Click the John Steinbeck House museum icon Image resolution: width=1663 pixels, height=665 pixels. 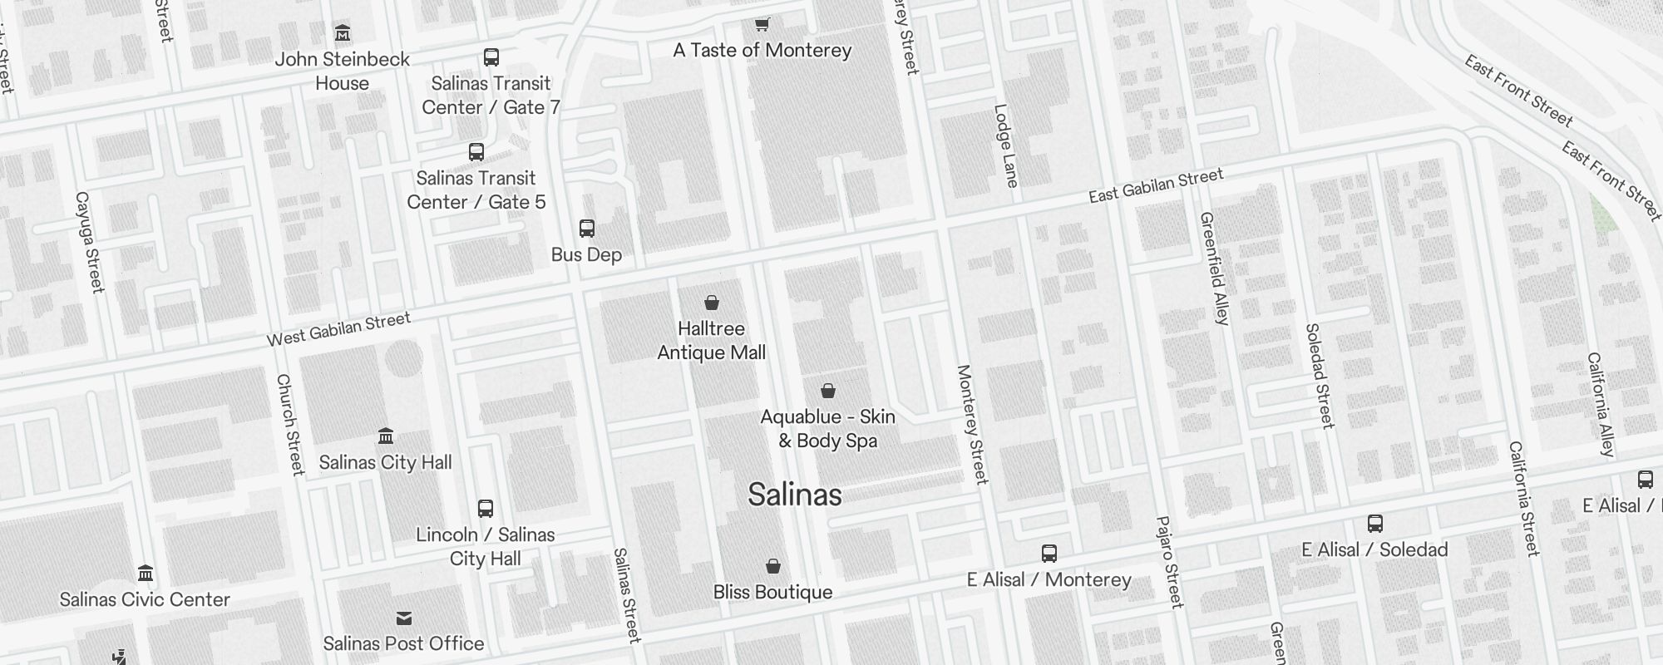coord(343,33)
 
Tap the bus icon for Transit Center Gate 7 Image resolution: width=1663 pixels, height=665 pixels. coord(491,57)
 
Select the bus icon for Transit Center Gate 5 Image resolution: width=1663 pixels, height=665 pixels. coord(476,152)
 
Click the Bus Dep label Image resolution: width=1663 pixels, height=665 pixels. coord(586,254)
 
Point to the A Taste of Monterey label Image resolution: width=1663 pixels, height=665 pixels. coord(762,50)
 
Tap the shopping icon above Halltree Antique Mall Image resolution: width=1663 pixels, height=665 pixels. coord(712,303)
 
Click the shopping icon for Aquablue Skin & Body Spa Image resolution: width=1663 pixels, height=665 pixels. coord(828,391)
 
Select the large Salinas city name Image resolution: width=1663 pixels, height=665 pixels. coord(795,495)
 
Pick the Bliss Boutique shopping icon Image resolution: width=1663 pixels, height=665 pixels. coord(773,566)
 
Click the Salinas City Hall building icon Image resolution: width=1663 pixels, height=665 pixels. coord(386,436)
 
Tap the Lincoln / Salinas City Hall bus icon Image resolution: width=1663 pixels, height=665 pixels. coord(486,509)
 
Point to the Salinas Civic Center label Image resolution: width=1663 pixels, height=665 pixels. coord(145,599)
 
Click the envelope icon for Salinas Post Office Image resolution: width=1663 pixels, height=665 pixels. coord(404,618)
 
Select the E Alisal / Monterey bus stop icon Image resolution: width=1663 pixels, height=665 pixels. coord(1049,554)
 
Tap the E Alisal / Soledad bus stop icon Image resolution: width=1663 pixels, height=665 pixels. coord(1375,524)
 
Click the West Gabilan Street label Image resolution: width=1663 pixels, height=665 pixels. coord(338,328)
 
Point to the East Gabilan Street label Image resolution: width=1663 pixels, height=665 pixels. coord(1156,185)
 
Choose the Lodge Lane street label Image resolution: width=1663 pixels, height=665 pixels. coord(1006,145)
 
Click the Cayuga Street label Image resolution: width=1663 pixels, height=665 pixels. coord(90,242)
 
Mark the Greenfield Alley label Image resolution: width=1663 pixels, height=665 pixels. coord(1214,268)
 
